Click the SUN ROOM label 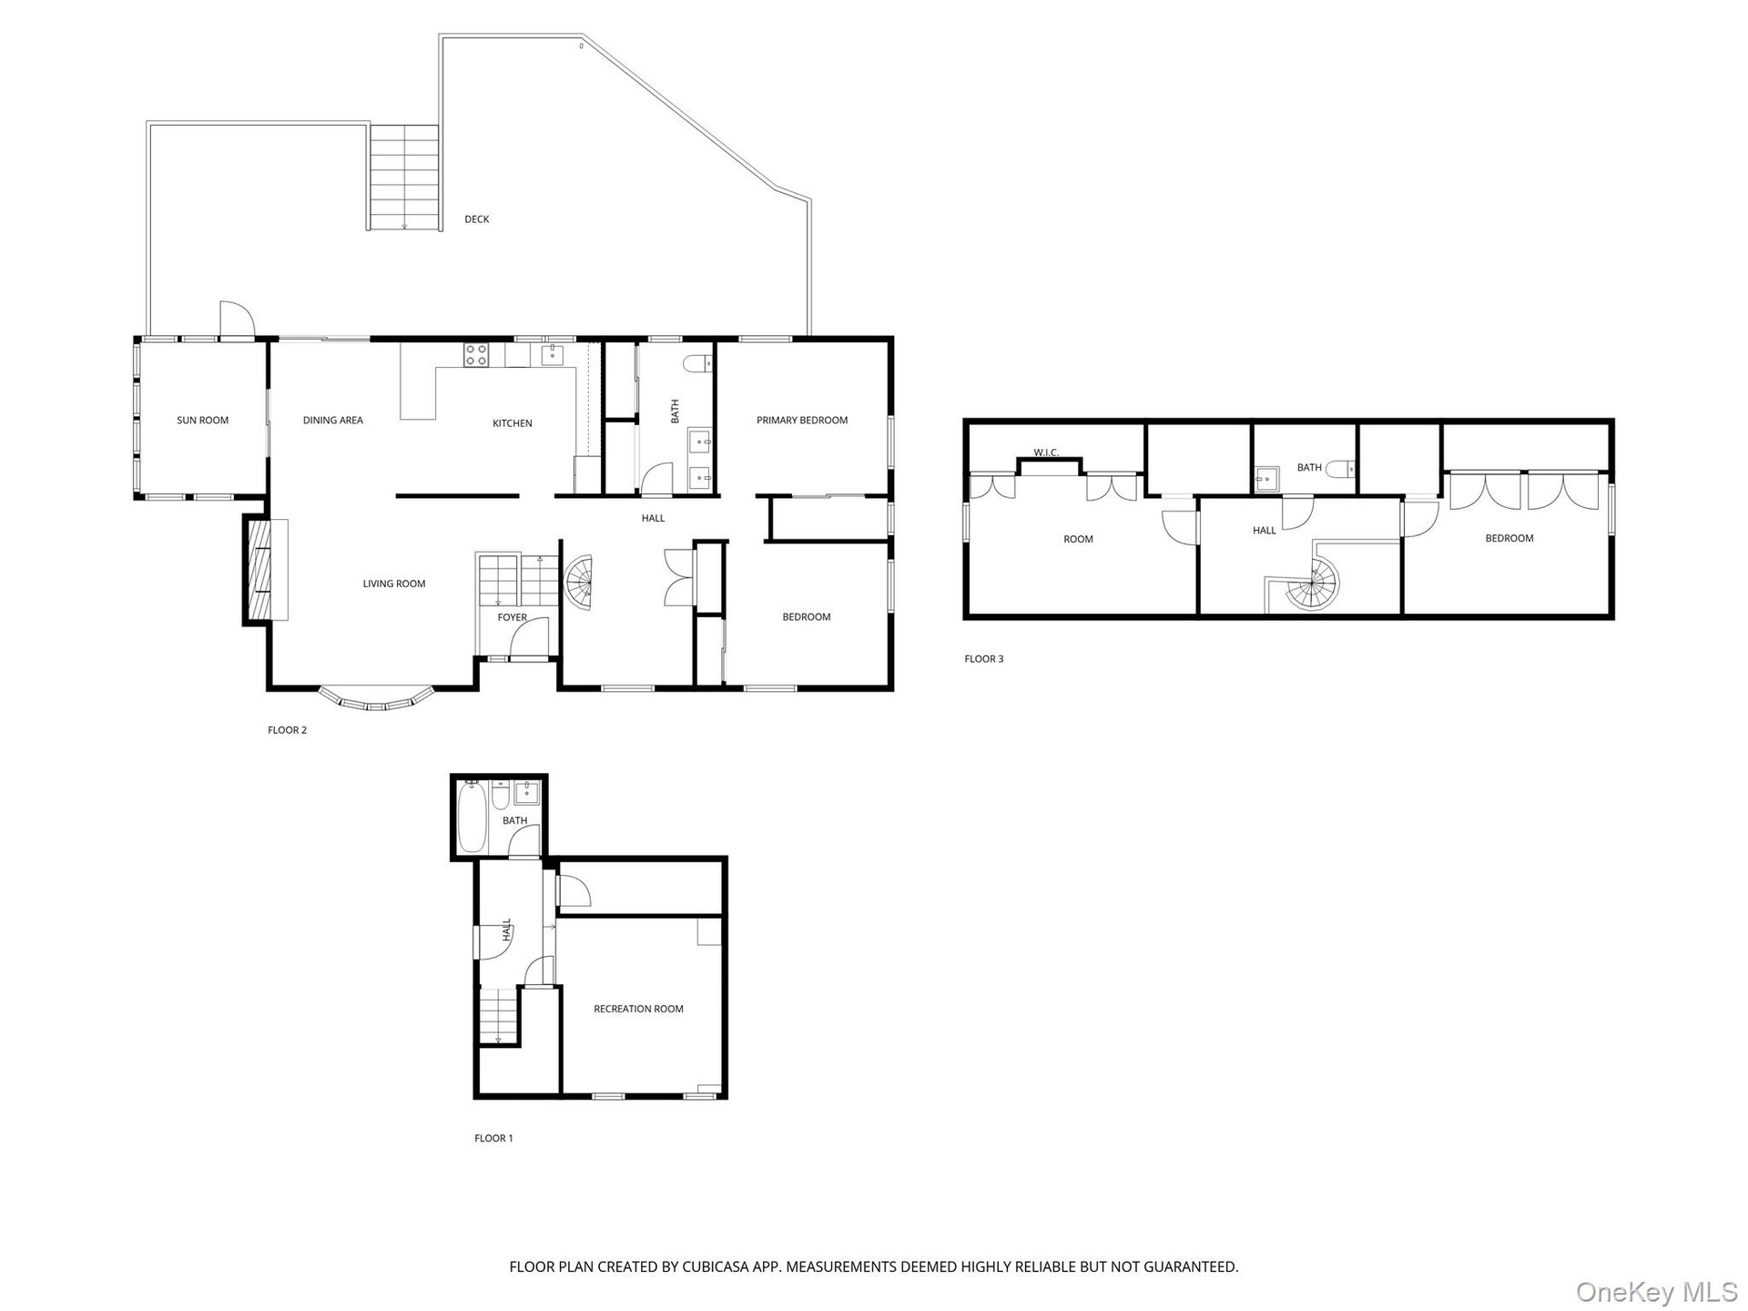pyautogui.click(x=202, y=421)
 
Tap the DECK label pyautogui.click(x=477, y=219)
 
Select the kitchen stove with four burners pyautogui.click(x=476, y=355)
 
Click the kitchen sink pyautogui.click(x=553, y=355)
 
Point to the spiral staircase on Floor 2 pyautogui.click(x=580, y=583)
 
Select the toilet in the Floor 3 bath pyautogui.click(x=1340, y=469)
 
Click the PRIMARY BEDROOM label pyautogui.click(x=802, y=421)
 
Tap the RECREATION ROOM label pyautogui.click(x=638, y=1009)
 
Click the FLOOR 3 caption pyautogui.click(x=984, y=659)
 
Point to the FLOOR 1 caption pyautogui.click(x=493, y=1138)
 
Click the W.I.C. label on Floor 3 pyautogui.click(x=1046, y=452)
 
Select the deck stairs pyautogui.click(x=404, y=178)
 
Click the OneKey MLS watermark pyautogui.click(x=1656, y=1291)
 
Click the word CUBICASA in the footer pyautogui.click(x=723, y=1266)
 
